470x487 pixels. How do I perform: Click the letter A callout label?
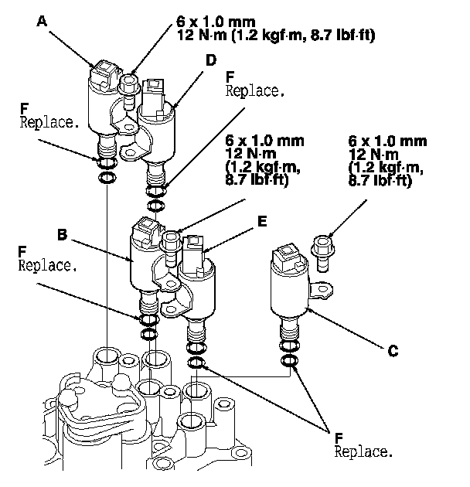coord(42,21)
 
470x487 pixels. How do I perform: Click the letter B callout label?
coord(62,234)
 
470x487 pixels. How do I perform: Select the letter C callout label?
coord(393,351)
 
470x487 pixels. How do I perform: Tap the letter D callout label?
coord(211,60)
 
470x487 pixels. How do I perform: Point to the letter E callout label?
coord(262,221)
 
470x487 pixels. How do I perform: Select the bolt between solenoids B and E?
coord(171,247)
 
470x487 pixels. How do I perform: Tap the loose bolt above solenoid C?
coord(323,253)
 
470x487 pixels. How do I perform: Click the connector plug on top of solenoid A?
coord(104,74)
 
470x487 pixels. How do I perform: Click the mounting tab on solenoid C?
coord(321,291)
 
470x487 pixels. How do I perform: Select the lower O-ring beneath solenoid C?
coord(289,360)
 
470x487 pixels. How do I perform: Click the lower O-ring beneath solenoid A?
coord(107,178)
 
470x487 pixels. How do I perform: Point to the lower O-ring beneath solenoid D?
coord(155,206)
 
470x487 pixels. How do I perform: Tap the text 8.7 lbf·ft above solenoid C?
coord(380,180)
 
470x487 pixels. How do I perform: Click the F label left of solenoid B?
coord(22,251)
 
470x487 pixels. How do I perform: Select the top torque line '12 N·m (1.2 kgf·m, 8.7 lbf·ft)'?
coord(276,35)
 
